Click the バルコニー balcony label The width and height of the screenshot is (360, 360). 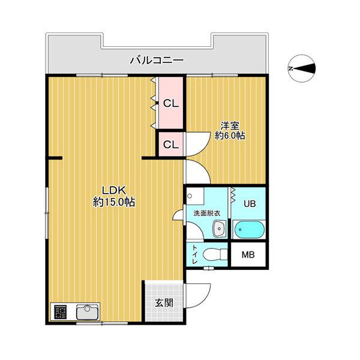(x=157, y=61)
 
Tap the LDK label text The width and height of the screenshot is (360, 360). (x=114, y=191)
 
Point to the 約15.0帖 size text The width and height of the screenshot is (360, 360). (x=114, y=202)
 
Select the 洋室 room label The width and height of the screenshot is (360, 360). (x=230, y=125)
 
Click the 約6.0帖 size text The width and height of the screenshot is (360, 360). (x=230, y=136)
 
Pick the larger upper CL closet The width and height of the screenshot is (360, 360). (x=171, y=103)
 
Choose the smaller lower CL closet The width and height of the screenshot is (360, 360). (x=171, y=145)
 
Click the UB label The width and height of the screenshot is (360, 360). (x=250, y=203)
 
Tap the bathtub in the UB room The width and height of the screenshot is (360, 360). (x=249, y=230)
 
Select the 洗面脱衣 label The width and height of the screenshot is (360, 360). (x=207, y=213)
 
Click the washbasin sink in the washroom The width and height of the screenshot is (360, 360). (x=220, y=229)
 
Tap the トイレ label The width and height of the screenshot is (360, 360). (x=195, y=254)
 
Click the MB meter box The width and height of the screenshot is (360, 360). (x=248, y=254)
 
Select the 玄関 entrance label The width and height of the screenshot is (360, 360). (x=164, y=303)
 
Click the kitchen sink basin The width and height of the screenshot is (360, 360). (x=87, y=312)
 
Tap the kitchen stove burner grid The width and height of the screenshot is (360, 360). (x=60, y=312)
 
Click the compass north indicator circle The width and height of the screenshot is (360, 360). (x=302, y=68)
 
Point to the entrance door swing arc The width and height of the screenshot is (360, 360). (x=205, y=298)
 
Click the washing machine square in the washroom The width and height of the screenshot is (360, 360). (x=195, y=196)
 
